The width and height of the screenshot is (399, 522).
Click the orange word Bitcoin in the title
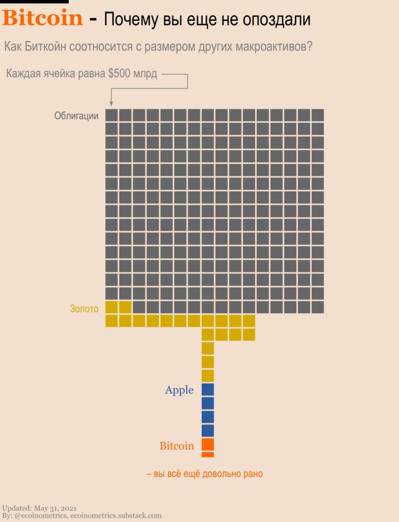42,19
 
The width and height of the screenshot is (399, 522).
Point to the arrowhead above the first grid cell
111,103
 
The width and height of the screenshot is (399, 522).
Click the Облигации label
76,115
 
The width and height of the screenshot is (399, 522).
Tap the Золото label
84,309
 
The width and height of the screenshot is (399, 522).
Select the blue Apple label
179,390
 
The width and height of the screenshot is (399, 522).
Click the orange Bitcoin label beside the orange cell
177,446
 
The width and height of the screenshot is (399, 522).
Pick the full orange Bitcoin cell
208,444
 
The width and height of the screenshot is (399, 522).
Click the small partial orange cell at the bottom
208,454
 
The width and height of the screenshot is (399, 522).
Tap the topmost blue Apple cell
208,390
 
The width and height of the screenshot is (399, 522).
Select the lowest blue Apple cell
208,430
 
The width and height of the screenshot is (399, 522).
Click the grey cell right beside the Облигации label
112,115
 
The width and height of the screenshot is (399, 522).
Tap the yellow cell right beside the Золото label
112,307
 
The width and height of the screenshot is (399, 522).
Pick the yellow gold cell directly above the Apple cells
208,375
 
